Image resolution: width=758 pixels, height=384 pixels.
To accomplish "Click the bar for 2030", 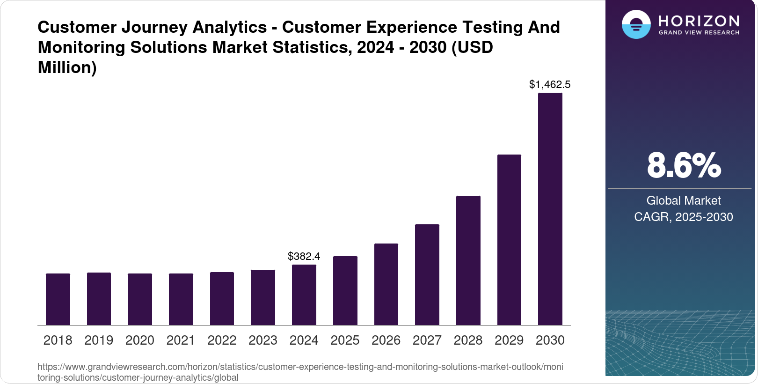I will click(550, 209).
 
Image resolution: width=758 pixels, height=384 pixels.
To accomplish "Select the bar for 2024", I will click(304, 295).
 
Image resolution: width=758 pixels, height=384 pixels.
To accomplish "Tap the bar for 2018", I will click(58, 299).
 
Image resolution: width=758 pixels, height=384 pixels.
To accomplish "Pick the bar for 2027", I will click(427, 275).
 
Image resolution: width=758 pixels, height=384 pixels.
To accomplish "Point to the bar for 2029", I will click(509, 240).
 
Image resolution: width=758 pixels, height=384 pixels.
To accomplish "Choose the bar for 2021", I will click(181, 299).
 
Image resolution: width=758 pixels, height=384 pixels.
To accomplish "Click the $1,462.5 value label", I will click(550, 85).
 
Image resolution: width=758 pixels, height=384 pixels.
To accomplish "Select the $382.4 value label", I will click(304, 257).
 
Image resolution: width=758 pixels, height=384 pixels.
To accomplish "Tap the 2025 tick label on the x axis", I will click(345, 340).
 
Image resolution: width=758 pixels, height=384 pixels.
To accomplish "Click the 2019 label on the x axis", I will click(99, 340).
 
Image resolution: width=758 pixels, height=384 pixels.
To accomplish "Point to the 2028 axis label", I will click(468, 340).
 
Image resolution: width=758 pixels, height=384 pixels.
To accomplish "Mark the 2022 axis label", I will click(222, 340).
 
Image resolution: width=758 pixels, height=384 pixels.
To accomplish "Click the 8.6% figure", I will click(684, 166).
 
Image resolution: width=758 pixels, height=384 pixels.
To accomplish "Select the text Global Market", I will click(684, 201).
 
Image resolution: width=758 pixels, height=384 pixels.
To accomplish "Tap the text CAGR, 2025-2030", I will click(684, 217).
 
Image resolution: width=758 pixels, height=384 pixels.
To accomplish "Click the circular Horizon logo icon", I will click(636, 25).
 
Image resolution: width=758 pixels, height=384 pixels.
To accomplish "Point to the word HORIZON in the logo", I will click(699, 21).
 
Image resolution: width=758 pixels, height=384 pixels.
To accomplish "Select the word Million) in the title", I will click(67, 68).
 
